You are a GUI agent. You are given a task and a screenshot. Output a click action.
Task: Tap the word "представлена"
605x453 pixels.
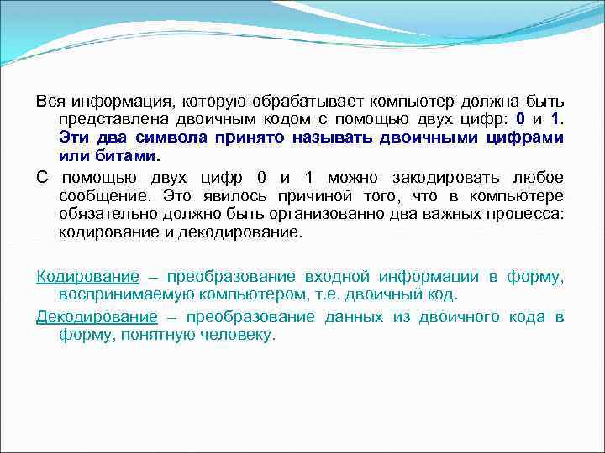(105, 120)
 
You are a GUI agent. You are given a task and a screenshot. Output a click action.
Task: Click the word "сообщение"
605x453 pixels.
(97, 196)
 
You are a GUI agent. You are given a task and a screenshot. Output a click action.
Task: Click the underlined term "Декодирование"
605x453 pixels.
(97, 316)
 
